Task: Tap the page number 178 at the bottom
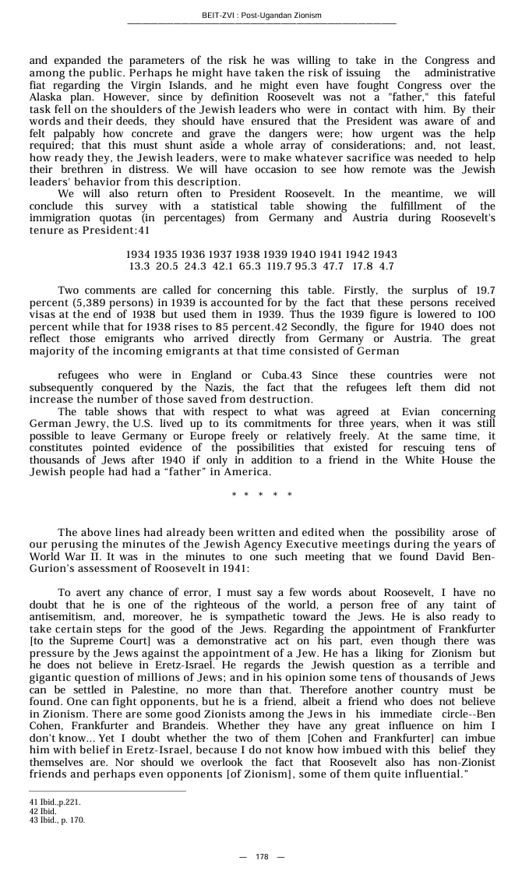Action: tap(262, 856)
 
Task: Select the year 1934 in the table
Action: tap(138, 255)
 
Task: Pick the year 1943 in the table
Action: tap(384, 255)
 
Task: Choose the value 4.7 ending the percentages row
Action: tap(386, 266)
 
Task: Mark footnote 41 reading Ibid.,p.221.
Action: tap(55, 802)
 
